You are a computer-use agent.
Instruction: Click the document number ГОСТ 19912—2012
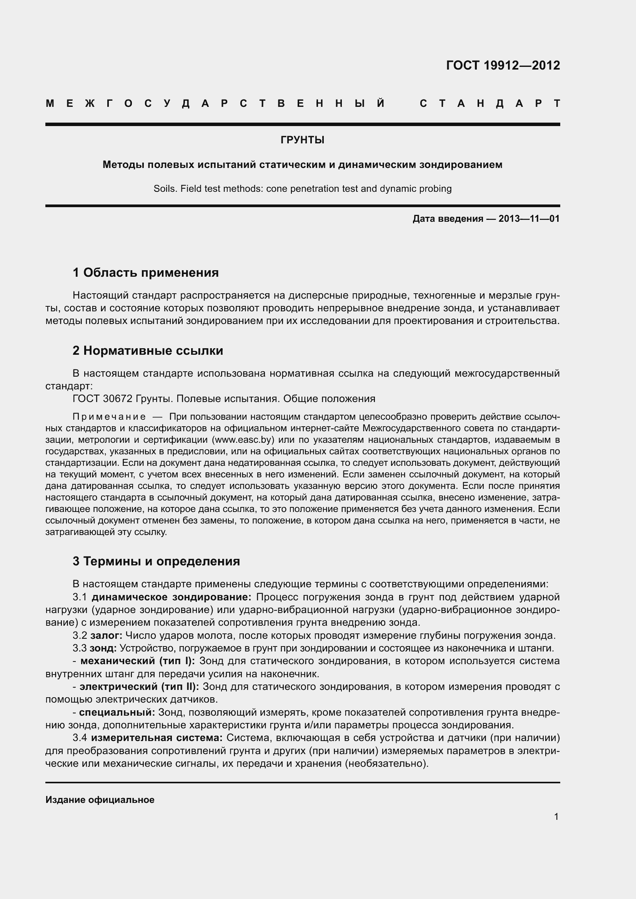[503, 65]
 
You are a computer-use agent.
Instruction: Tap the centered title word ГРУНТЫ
[302, 140]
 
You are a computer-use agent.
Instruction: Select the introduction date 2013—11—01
[529, 218]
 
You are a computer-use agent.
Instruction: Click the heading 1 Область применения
[146, 273]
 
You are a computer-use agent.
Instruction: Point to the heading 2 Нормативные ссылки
[148, 351]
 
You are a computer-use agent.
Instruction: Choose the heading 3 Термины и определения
[156, 561]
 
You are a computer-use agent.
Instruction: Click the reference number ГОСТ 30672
[103, 399]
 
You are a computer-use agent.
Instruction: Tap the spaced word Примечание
[109, 416]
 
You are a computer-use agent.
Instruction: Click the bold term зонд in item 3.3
[103, 648]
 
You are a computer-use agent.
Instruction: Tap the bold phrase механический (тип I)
[137, 661]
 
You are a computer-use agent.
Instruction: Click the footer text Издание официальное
[100, 800]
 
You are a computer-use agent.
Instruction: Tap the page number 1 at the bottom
[556, 817]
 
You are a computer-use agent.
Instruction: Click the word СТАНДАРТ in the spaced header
[490, 103]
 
